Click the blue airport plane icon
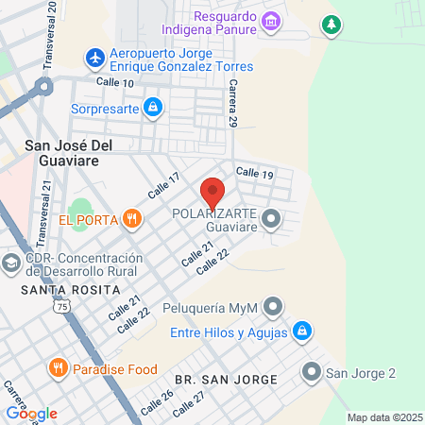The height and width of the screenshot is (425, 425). (x=94, y=59)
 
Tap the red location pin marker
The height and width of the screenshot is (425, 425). (x=213, y=193)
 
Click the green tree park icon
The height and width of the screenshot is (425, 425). (x=331, y=24)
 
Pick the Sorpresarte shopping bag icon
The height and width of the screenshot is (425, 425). (x=152, y=108)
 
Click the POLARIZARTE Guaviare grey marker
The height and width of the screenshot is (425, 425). (x=272, y=220)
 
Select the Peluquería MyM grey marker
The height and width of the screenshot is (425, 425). (x=273, y=307)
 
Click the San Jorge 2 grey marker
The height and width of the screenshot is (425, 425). (x=312, y=372)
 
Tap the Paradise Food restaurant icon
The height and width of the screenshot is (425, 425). (x=59, y=368)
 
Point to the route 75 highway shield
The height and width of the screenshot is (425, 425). (x=62, y=307)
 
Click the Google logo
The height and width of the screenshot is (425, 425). (x=32, y=413)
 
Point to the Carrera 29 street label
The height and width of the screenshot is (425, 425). (x=230, y=104)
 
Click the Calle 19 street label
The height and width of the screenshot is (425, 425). (x=254, y=174)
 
